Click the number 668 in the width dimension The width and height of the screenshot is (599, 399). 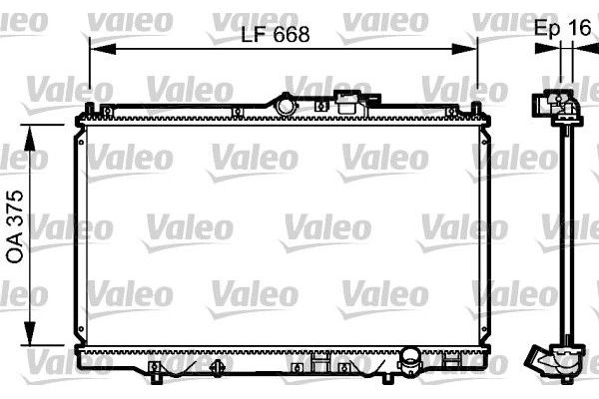pos(292,35)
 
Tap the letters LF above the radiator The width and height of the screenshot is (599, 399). pos(254,35)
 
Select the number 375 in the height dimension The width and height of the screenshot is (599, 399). pos(15,207)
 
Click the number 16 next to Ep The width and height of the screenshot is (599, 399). pos(579,28)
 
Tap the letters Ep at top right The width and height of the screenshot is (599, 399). pos(548,28)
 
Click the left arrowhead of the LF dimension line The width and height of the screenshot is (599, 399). pos(103,49)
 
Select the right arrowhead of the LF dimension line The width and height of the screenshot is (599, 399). pos(464,49)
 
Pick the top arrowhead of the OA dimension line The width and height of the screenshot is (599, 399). pos(30,138)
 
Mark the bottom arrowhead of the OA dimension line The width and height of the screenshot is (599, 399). pos(30,333)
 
